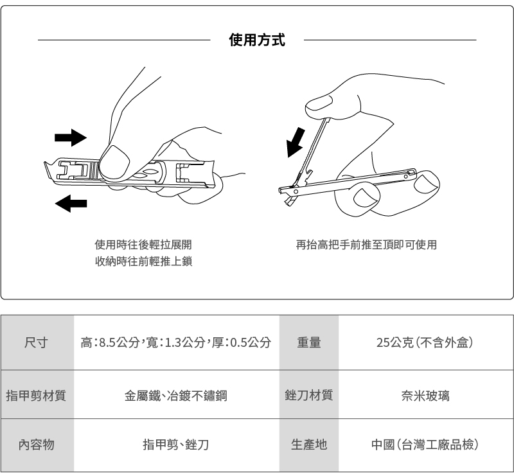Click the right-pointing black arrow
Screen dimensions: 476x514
pyautogui.click(x=70, y=137)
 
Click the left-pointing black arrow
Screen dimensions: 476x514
pyautogui.click(x=71, y=204)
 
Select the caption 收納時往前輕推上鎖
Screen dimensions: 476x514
pyautogui.click(x=143, y=261)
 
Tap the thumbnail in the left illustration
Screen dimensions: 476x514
pyautogui.click(x=115, y=161)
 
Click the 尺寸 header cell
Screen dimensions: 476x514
pyautogui.click(x=37, y=342)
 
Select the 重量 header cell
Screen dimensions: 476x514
pyautogui.click(x=309, y=342)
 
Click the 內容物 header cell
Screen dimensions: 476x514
pyautogui.click(x=37, y=444)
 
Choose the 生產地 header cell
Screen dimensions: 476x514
pyautogui.click(x=309, y=444)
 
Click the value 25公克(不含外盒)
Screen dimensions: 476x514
pyautogui.click(x=425, y=342)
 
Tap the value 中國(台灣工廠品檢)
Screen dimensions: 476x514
pyautogui.click(x=425, y=444)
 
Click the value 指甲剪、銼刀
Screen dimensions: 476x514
pyautogui.click(x=175, y=444)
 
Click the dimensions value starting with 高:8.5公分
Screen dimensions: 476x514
pyautogui.click(x=175, y=342)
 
